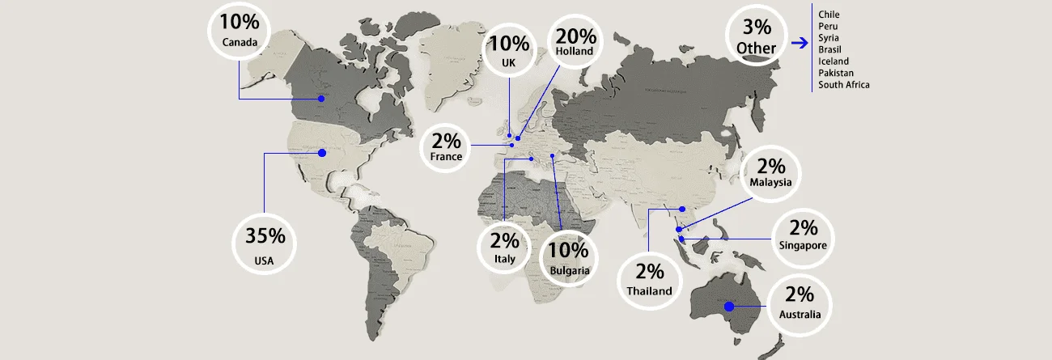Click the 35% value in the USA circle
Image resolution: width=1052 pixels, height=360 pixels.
pos(265,236)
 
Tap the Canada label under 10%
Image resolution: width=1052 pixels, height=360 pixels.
pos(240,42)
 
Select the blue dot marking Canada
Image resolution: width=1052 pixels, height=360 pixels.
pos(320,99)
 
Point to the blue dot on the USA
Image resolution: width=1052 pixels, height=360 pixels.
pos(321,152)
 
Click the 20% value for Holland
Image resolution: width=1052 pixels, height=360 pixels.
pos(575,36)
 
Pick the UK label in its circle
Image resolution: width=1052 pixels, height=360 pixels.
pos(508,61)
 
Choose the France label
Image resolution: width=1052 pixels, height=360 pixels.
pos(447,156)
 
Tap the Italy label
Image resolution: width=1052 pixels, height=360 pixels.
pos(504,259)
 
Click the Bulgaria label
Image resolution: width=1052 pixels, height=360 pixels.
pos(569,270)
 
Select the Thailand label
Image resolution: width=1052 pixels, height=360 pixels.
pos(649,290)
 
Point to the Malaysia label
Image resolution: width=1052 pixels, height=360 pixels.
pos(770,182)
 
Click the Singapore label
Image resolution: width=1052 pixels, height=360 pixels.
pos(803,245)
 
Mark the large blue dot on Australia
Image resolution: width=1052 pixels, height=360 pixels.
pos(728,306)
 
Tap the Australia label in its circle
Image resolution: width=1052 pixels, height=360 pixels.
pos(800,314)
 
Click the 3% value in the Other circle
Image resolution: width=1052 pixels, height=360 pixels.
pos(756,28)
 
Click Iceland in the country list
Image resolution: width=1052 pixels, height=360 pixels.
pos(834,61)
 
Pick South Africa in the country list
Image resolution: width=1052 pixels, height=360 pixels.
pos(844,84)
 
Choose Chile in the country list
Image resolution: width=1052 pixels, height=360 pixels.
pos(829,15)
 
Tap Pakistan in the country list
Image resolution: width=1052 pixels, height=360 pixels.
pos(836,73)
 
